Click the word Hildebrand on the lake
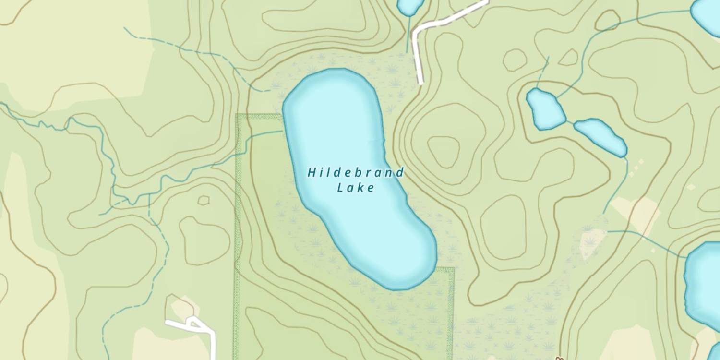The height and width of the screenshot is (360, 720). pyautogui.click(x=356, y=172)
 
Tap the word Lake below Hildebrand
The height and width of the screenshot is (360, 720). pyautogui.click(x=356, y=188)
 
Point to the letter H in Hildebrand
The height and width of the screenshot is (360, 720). pyautogui.click(x=312, y=172)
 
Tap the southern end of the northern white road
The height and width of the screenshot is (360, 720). pyautogui.click(x=420, y=82)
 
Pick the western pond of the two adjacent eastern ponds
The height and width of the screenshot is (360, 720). pyautogui.click(x=546, y=109)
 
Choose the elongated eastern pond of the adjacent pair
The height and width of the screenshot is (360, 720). pyautogui.click(x=601, y=137)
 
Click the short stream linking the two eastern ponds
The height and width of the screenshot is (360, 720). pyautogui.click(x=570, y=122)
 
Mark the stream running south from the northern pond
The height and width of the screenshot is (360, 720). pyautogui.click(x=408, y=34)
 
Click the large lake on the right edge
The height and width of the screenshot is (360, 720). pyautogui.click(x=703, y=283)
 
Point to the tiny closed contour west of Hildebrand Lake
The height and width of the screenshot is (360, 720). pyautogui.click(x=204, y=200)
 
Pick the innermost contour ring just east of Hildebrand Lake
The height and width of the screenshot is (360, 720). pyautogui.click(x=444, y=152)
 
